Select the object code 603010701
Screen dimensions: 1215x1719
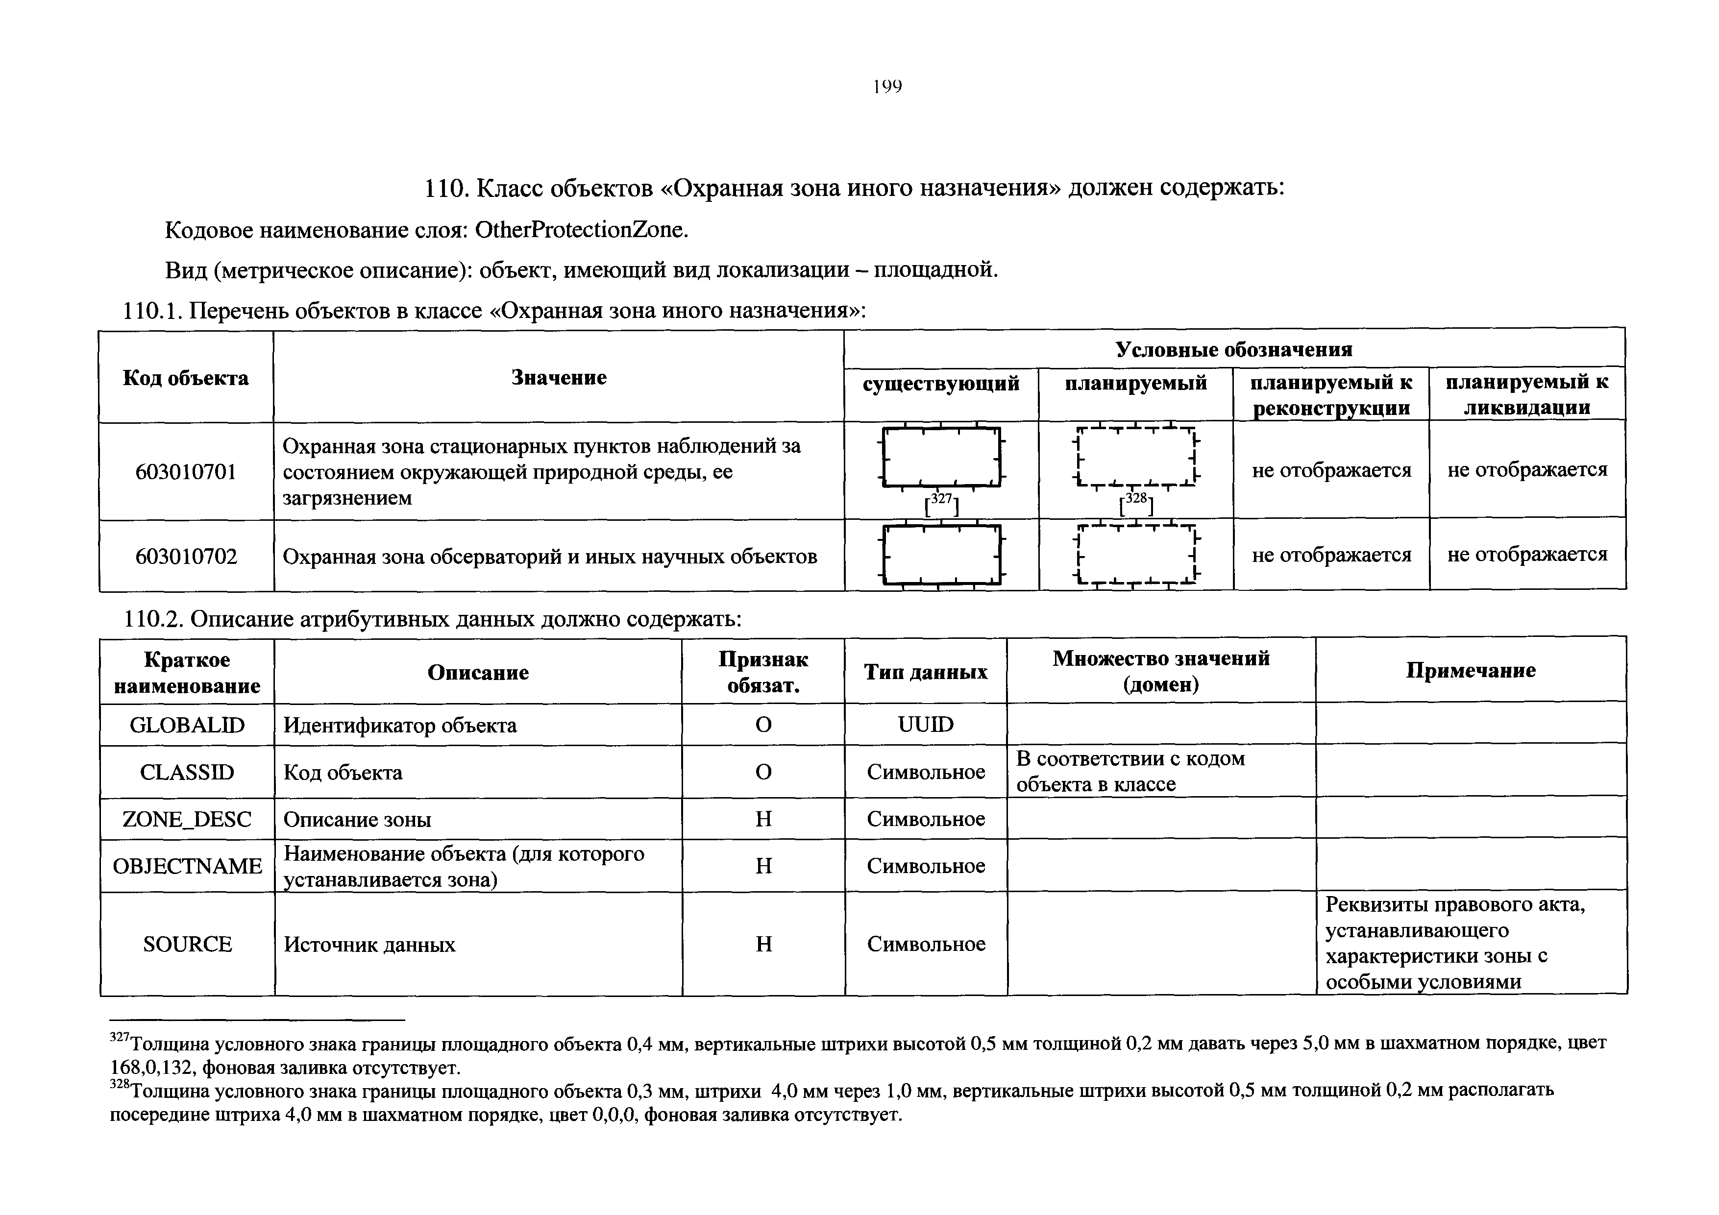tap(186, 472)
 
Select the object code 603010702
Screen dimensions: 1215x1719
tap(186, 556)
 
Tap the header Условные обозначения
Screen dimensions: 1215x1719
tap(1234, 350)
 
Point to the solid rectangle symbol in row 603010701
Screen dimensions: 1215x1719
tap(941, 457)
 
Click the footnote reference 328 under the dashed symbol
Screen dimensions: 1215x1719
tap(1136, 505)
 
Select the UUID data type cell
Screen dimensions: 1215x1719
tap(925, 724)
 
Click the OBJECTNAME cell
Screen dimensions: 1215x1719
tap(187, 865)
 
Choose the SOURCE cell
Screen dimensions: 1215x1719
tap(187, 944)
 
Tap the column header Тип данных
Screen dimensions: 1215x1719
tap(925, 672)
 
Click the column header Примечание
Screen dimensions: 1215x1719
tap(1471, 670)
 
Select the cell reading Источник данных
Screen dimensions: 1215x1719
tap(369, 945)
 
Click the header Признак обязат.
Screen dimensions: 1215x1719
tap(763, 672)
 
